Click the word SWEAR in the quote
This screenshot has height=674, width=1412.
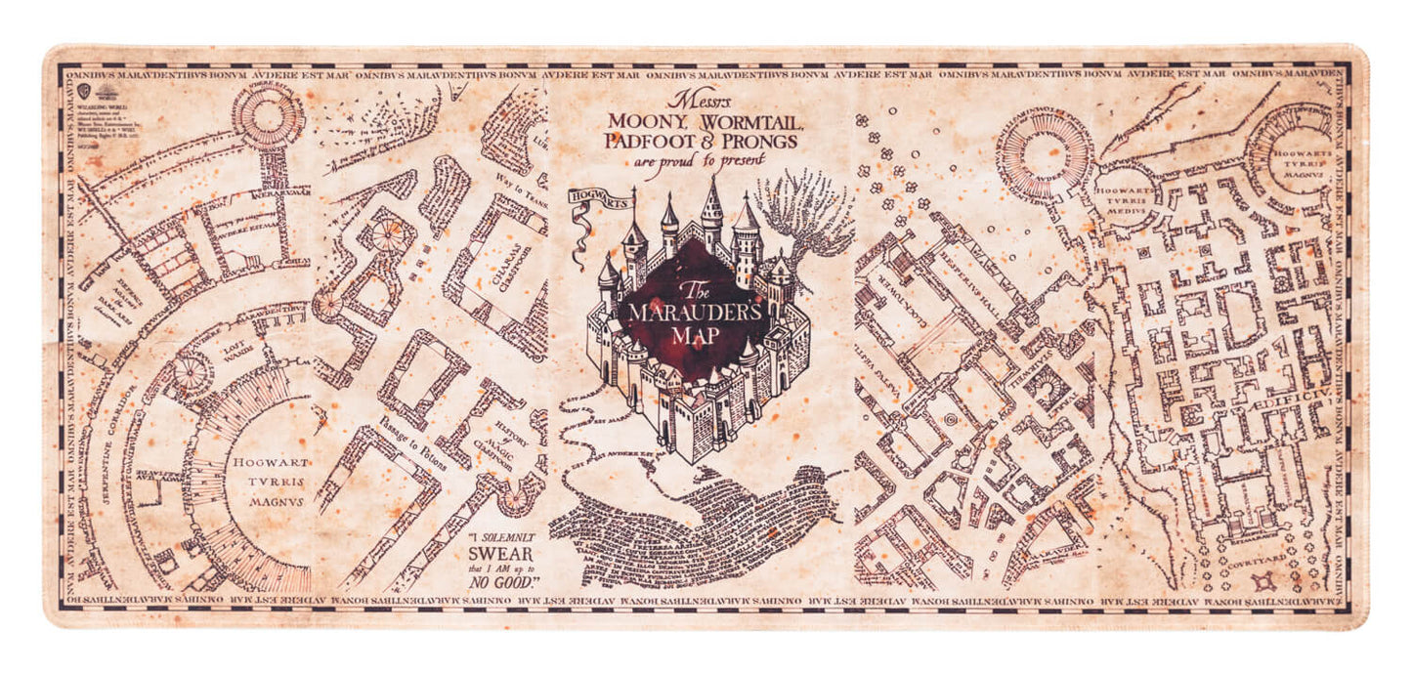(510, 553)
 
